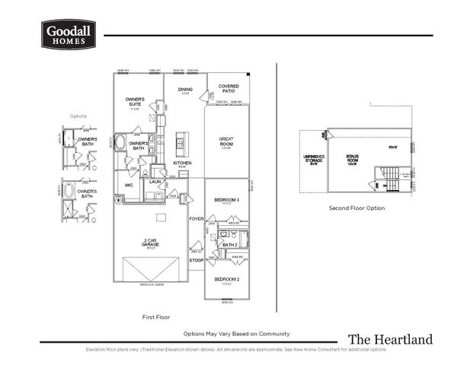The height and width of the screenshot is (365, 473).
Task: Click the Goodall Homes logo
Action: coord(68,34)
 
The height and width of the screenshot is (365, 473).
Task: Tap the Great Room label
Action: coord(225,141)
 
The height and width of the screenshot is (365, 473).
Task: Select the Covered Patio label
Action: coord(229,88)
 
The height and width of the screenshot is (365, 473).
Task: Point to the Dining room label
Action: coord(185,90)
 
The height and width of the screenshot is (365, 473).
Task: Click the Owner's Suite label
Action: coord(135,101)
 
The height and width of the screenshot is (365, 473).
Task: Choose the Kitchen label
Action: coord(181,163)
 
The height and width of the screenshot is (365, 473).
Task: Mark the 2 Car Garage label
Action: coord(149,243)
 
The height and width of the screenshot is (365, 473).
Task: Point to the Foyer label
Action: coord(196,218)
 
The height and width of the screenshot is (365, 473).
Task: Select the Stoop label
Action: coord(196,260)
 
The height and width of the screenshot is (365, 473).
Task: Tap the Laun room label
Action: coord(155,182)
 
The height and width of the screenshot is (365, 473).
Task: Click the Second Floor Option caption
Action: coord(356,208)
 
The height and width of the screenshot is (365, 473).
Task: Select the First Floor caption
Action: coord(156,316)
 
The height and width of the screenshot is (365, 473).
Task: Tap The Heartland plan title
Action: coord(390,339)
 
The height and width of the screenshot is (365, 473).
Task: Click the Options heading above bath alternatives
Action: coord(78,116)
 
